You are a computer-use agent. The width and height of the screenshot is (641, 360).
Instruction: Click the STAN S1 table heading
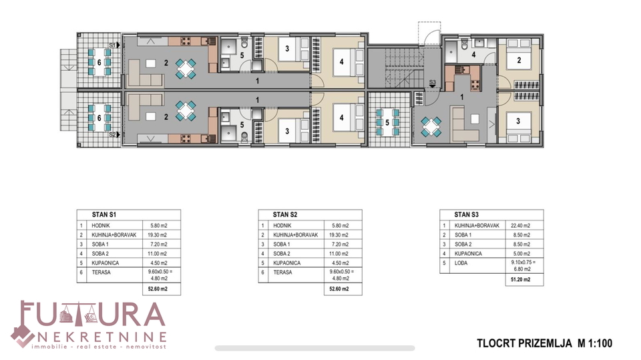click(x=104, y=214)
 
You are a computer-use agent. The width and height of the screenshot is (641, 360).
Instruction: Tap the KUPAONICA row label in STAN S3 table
click(x=468, y=254)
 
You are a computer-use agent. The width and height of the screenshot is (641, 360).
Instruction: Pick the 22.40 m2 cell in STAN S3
click(x=520, y=225)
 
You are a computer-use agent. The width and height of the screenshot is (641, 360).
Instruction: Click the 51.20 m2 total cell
click(x=520, y=280)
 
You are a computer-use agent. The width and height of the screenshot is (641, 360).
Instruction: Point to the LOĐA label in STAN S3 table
click(x=461, y=263)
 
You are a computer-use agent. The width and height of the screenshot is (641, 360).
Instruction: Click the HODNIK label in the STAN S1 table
click(x=101, y=225)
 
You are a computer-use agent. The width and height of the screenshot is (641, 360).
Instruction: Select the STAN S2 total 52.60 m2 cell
click(x=339, y=289)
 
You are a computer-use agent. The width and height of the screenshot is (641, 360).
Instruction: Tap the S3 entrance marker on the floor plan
click(x=433, y=84)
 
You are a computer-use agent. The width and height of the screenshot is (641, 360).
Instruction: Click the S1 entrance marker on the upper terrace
click(x=114, y=45)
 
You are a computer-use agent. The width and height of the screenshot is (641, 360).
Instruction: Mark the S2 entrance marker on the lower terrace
click(x=114, y=134)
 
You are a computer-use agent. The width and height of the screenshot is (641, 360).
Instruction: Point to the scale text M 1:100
click(x=595, y=343)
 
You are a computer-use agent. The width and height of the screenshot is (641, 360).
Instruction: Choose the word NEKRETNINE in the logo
click(x=101, y=337)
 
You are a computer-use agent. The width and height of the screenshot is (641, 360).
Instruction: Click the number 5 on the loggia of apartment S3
click(x=387, y=123)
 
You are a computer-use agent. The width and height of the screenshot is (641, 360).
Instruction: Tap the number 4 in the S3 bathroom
click(x=473, y=54)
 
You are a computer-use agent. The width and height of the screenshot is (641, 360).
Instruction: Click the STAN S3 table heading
click(x=467, y=214)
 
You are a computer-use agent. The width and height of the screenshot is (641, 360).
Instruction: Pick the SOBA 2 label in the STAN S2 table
click(x=282, y=254)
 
